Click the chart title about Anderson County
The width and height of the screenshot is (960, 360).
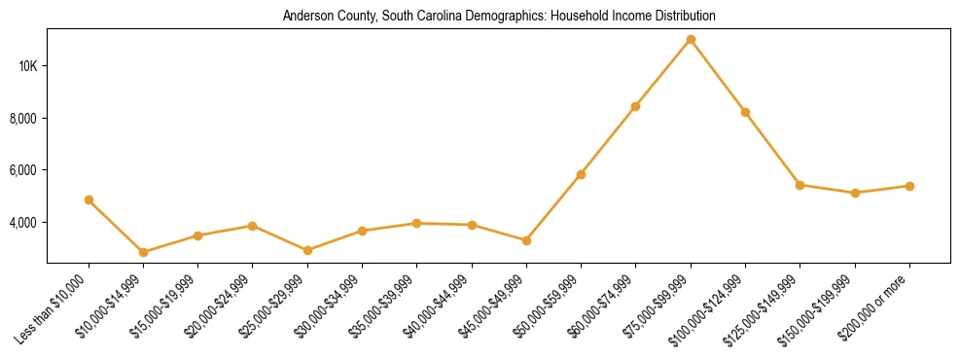(x=499, y=17)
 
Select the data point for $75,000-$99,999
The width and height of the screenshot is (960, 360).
(x=691, y=39)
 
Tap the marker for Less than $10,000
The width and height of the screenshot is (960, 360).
(x=89, y=200)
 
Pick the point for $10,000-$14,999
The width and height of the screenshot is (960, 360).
(x=143, y=252)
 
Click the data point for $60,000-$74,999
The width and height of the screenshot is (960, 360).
(x=635, y=106)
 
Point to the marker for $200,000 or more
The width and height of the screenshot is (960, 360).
(x=909, y=186)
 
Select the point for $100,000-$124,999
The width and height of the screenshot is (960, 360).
(x=745, y=112)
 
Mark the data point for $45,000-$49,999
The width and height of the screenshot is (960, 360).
(x=526, y=240)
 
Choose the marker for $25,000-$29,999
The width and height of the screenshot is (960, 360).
(x=307, y=250)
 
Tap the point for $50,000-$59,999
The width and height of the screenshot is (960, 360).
(x=581, y=174)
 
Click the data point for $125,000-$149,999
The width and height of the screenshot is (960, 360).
(x=800, y=185)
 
